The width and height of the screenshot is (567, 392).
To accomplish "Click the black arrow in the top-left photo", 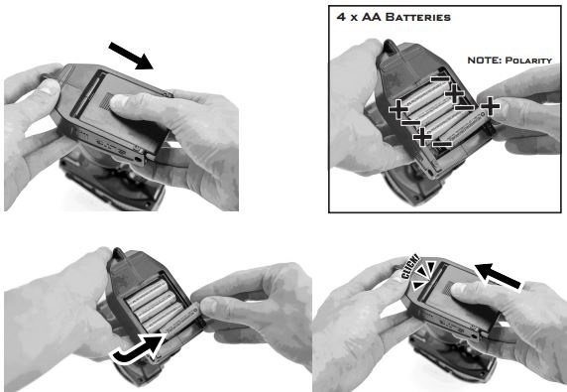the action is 131,56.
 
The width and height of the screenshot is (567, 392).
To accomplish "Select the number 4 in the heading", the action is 341,17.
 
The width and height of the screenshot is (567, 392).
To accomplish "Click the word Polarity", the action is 528,61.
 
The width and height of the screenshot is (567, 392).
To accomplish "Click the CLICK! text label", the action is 410,267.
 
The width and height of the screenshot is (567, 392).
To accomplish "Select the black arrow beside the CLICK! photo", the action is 499,277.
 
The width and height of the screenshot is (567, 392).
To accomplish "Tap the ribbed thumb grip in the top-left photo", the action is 105,100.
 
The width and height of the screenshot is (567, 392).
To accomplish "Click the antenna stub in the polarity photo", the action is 390,48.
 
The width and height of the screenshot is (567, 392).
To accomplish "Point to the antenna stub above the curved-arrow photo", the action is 118,254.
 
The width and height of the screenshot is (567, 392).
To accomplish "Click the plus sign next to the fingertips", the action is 490,106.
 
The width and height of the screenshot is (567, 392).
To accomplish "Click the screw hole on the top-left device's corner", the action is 138,159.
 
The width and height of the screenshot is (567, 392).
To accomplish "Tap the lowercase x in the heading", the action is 354,18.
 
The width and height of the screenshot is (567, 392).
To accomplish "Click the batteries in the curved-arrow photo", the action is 155,305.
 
